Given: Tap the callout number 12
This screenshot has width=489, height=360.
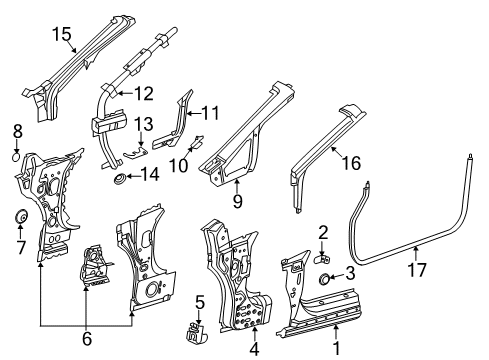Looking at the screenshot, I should pos(144,94).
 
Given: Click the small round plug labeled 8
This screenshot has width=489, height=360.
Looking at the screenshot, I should pos(16,157).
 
